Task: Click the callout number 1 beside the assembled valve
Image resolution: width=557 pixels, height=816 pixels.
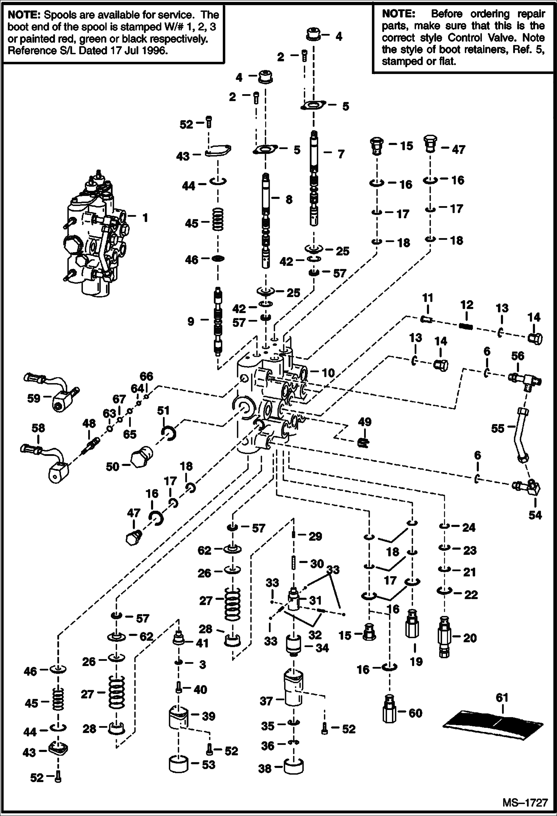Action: pyautogui.click(x=145, y=218)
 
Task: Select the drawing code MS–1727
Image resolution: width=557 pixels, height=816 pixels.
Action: pyautogui.click(x=525, y=802)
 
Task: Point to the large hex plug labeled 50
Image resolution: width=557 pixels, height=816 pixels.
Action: pyautogui.click(x=142, y=457)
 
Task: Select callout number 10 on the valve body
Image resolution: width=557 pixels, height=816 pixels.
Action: pyautogui.click(x=328, y=372)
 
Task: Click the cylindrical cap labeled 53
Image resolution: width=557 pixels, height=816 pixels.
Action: pyautogui.click(x=179, y=764)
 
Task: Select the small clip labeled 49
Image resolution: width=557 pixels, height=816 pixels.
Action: pyautogui.click(x=363, y=442)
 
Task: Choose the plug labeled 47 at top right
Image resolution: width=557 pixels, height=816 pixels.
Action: pyautogui.click(x=430, y=144)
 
